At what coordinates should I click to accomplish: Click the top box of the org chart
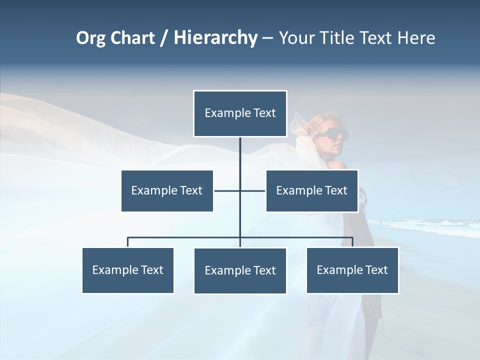pos(240,113)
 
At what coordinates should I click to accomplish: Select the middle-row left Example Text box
pos(167,190)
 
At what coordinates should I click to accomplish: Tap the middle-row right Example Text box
pos(311,190)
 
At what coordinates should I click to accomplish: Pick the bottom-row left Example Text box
pos(128,270)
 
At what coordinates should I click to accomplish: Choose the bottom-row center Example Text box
pos(240,270)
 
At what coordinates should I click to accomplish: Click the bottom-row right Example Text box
pos(352,270)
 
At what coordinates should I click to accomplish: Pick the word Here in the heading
pos(416,38)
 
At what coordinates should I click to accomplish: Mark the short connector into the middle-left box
pos(226,190)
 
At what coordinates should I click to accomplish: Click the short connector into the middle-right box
pos(253,190)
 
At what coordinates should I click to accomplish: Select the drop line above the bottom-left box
pos(128,242)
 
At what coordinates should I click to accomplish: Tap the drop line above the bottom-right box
pos(352,242)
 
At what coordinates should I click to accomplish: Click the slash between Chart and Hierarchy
pos(163,38)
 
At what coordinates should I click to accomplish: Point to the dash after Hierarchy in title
pos(267,38)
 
